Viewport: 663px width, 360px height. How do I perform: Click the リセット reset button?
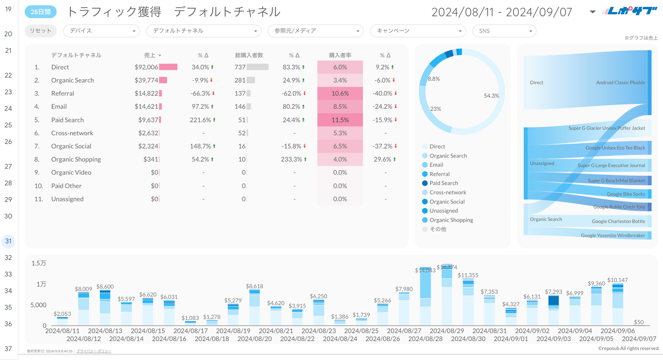coord(41,31)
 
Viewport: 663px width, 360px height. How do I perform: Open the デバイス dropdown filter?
coord(101,31)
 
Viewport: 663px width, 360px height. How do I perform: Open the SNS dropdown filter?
coord(504,31)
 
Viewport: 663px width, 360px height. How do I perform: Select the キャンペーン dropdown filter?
coord(418,31)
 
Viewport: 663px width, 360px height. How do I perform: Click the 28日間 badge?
coord(40,12)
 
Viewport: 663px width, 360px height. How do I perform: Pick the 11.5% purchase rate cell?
coord(340,120)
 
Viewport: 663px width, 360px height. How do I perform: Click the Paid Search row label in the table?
coord(67,120)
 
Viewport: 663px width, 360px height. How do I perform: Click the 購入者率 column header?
coord(340,55)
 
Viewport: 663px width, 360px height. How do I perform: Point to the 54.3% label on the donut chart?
coord(491,96)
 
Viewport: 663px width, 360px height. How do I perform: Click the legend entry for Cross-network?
coord(447,192)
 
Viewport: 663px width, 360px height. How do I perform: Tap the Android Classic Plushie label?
coord(620,83)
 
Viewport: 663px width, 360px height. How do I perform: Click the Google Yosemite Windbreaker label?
coord(613,235)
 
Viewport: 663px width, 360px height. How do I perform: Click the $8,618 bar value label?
coord(255,286)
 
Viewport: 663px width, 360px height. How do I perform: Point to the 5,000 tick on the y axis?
coord(39,305)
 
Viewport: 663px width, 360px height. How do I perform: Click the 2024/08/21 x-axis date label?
coord(275,330)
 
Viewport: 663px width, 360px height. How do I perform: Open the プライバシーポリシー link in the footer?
coord(94,351)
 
